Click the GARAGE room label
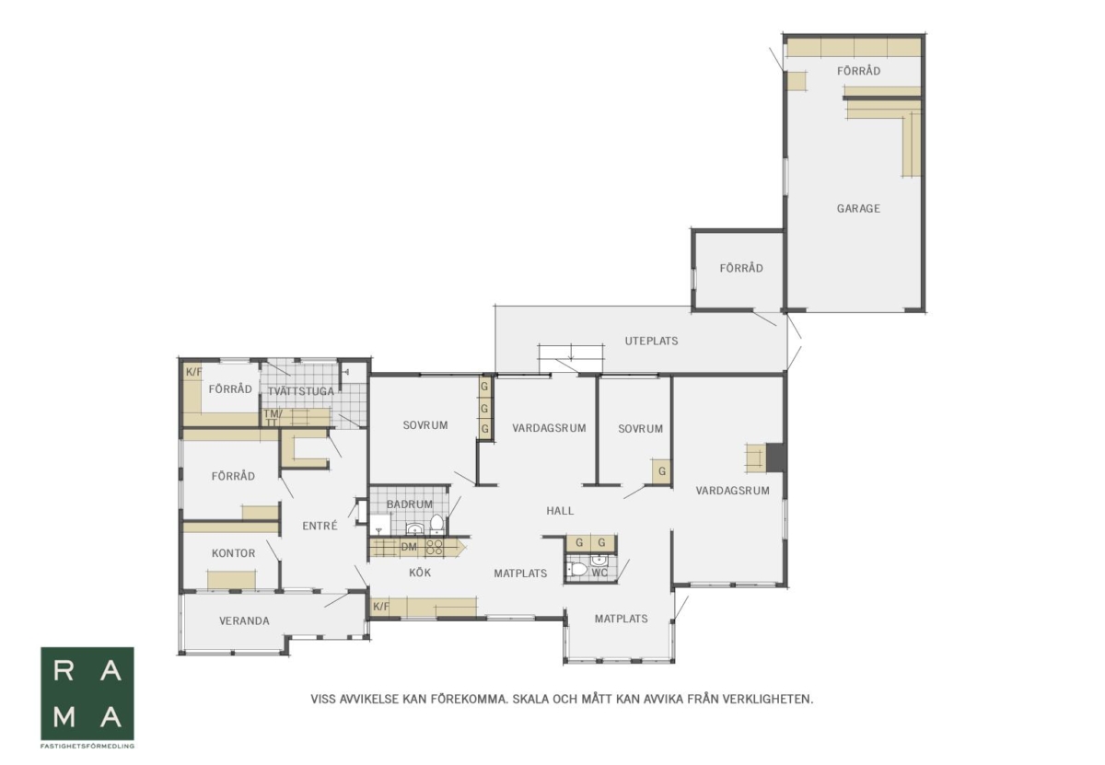tap(858, 209)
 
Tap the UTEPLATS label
tap(651, 341)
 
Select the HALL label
tap(560, 511)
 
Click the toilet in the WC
tap(577, 569)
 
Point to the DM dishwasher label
tap(409, 547)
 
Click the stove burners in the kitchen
tap(434, 547)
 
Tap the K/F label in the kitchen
tap(381, 606)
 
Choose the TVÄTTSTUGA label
tap(301, 391)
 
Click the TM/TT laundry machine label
tap(273, 417)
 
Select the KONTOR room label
tap(233, 553)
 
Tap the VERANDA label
tap(244, 621)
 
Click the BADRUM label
tap(410, 504)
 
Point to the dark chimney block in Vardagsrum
tap(775, 458)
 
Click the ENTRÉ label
tap(320, 526)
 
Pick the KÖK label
tap(420, 573)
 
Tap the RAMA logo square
tap(87, 693)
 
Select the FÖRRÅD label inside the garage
tap(858, 71)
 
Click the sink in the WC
tap(599, 561)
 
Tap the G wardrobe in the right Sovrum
tap(662, 471)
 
